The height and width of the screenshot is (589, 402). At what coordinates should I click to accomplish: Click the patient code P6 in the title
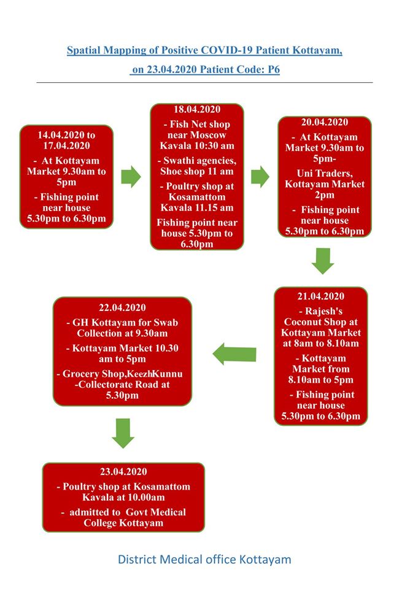(274, 69)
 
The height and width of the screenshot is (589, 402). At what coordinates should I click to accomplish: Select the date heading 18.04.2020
(197, 109)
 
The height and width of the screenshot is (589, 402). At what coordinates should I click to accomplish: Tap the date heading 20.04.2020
(325, 122)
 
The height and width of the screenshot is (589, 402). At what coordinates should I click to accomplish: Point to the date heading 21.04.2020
(321, 296)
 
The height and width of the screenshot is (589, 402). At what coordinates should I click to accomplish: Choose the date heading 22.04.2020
(122, 307)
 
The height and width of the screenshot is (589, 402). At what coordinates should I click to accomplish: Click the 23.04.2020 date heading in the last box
(123, 472)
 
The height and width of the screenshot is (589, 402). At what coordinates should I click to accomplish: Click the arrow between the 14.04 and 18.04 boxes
(131, 176)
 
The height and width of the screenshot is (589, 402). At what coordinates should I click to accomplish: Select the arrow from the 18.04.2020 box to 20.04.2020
(260, 177)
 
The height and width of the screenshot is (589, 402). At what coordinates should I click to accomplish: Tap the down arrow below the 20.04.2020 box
(323, 261)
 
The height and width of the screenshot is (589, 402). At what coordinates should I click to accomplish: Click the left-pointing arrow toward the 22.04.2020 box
(234, 354)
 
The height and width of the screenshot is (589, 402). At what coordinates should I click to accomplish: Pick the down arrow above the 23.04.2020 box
(123, 434)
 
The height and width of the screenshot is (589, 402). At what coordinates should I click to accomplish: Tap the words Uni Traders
(325, 174)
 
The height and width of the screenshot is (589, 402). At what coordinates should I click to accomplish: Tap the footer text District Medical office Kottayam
(204, 560)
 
